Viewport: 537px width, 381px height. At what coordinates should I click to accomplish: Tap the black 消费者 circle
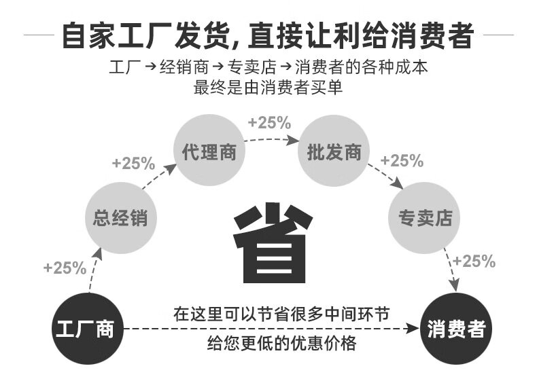(x=456, y=330)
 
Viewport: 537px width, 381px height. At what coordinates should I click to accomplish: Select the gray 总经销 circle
(x=120, y=219)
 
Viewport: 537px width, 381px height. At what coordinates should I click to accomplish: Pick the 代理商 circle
(x=209, y=151)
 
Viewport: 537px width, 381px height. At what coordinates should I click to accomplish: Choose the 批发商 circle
(x=334, y=151)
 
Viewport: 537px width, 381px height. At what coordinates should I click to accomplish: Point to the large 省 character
(x=272, y=242)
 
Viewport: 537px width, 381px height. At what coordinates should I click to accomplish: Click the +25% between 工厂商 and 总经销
(x=65, y=268)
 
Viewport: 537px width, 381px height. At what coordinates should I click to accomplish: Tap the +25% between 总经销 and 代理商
(x=134, y=164)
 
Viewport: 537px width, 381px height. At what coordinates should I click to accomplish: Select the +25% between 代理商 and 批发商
(x=269, y=123)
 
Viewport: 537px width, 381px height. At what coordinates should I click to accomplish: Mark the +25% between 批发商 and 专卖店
(x=402, y=161)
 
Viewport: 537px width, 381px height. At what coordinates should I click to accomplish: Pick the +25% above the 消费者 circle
(x=474, y=261)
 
